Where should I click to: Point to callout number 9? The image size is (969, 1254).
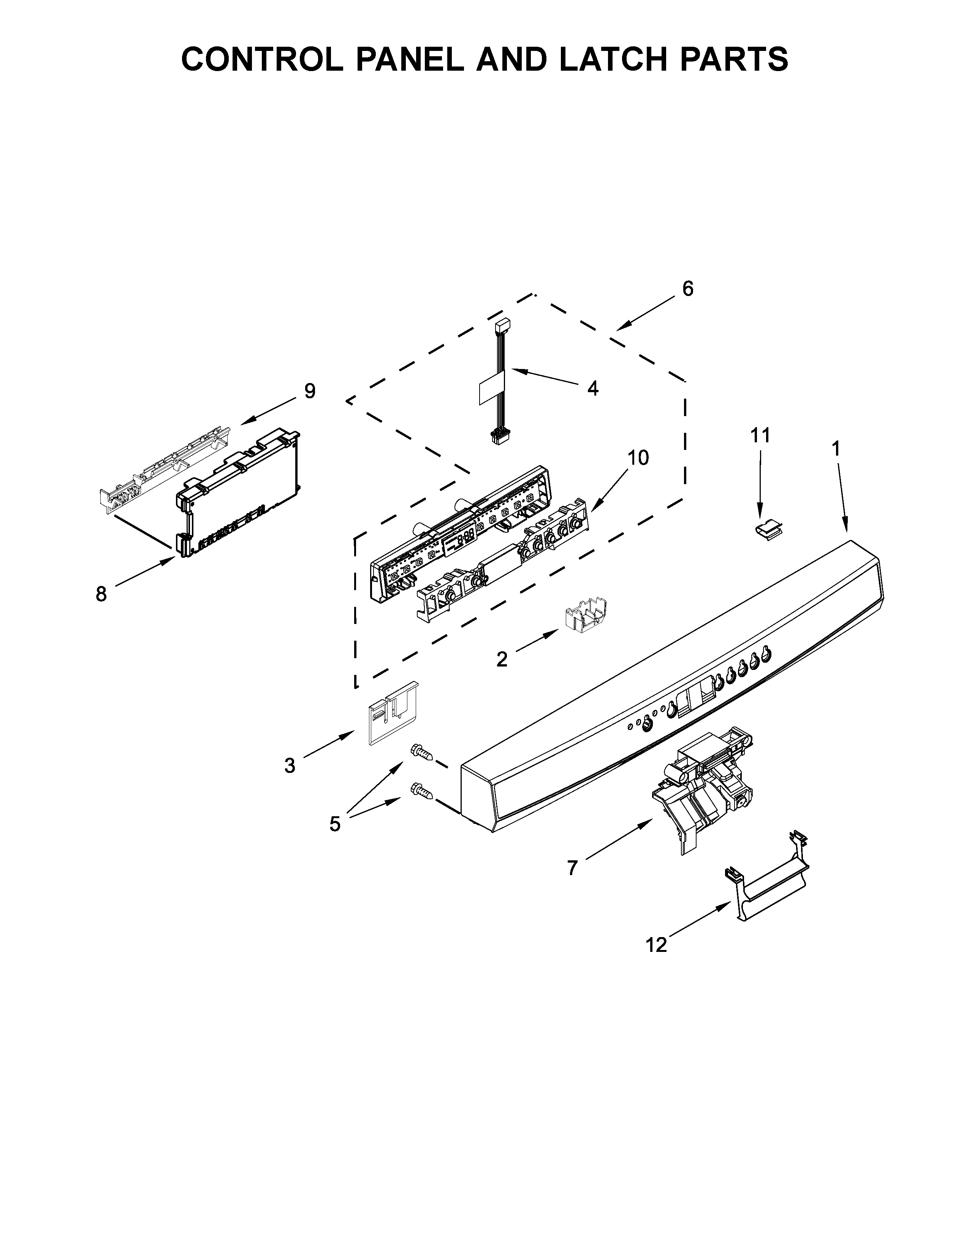click(309, 391)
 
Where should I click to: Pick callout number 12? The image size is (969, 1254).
click(657, 945)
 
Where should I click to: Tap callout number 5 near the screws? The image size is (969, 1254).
click(335, 824)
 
